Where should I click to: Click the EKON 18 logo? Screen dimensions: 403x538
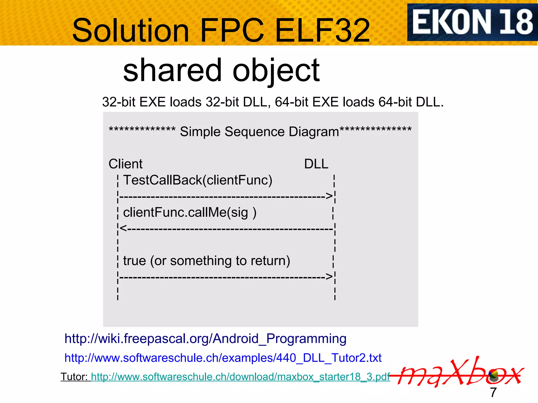[x=472, y=22]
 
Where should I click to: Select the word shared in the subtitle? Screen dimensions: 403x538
[x=172, y=70]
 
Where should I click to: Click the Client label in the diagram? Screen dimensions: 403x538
[x=126, y=164]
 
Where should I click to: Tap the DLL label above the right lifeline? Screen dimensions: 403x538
[x=316, y=164]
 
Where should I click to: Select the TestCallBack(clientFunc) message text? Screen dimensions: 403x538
[x=198, y=180]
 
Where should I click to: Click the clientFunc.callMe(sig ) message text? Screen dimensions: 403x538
[x=190, y=212]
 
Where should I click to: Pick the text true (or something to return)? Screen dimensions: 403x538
[x=206, y=261]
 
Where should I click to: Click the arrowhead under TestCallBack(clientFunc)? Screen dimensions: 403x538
[x=329, y=196]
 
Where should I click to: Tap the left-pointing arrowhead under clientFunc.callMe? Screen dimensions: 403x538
[x=123, y=228]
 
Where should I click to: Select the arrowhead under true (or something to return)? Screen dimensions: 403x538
[x=329, y=276]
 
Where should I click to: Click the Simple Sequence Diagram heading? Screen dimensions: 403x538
[x=259, y=131]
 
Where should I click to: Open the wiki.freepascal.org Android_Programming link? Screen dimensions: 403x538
[x=205, y=338]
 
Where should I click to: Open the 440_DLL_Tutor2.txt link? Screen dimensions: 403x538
[x=223, y=358]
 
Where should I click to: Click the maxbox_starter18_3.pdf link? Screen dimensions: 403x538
[x=240, y=377]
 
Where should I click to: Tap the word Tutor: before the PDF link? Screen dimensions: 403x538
[x=74, y=377]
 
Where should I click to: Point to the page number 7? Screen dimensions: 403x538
[x=493, y=393]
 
